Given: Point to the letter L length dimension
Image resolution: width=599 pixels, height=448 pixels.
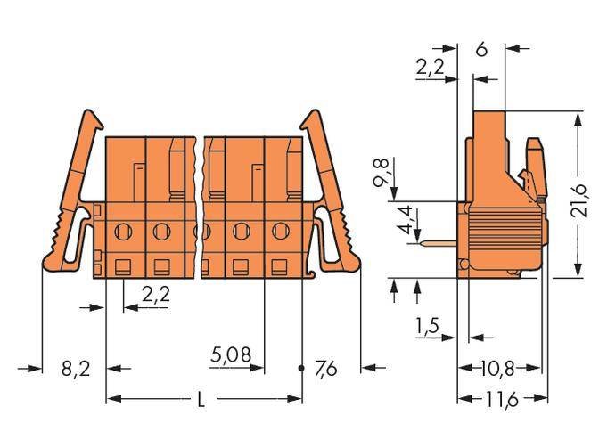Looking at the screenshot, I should click(x=201, y=400).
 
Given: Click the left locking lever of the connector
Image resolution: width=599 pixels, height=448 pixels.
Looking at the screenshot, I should click(x=71, y=196).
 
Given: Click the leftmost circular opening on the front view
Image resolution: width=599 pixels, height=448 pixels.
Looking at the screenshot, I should click(x=125, y=232).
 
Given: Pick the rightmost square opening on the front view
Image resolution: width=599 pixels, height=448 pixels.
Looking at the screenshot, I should click(x=279, y=265).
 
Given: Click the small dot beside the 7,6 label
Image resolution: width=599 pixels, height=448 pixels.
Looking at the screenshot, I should click(x=300, y=366).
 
